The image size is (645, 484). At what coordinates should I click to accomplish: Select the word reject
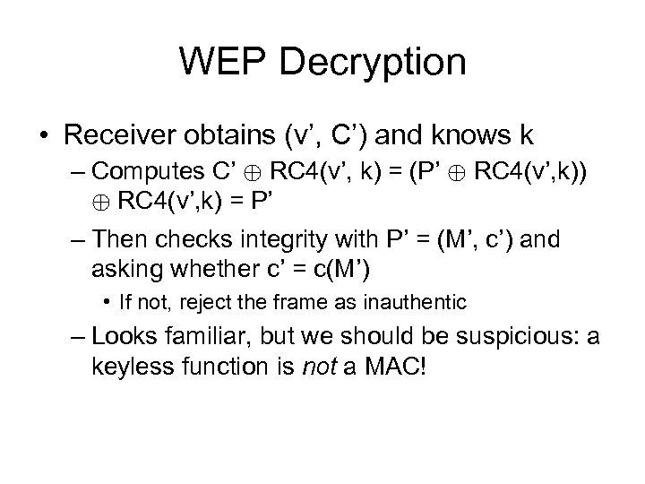(x=211, y=302)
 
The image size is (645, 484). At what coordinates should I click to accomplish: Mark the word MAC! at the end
(x=398, y=367)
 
